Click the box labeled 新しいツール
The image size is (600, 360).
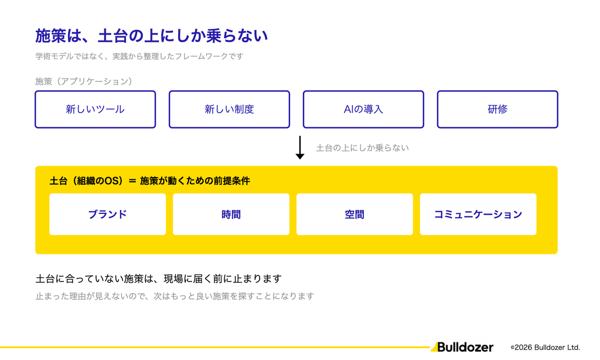[x=96, y=109]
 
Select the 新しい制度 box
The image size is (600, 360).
[x=229, y=109]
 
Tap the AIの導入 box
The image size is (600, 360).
[x=363, y=109]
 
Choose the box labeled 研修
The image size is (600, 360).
[x=497, y=109]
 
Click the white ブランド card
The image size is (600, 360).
[x=108, y=214]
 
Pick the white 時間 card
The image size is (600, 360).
[x=231, y=214]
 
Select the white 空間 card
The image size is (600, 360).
[x=354, y=214]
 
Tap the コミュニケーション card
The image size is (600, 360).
[x=478, y=214]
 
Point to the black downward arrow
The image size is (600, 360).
[x=300, y=147]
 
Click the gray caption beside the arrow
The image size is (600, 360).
[x=362, y=148]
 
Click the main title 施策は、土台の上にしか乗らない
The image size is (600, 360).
[x=152, y=36]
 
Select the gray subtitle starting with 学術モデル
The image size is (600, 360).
[x=139, y=56]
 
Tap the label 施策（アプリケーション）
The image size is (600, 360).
[x=83, y=81]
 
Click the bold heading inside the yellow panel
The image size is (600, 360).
[x=149, y=181]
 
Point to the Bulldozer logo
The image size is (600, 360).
[x=462, y=347]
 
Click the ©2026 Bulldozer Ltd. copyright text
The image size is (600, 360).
[x=546, y=347]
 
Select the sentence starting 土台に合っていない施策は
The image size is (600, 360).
[x=158, y=279]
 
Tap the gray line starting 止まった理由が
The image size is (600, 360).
[x=175, y=296]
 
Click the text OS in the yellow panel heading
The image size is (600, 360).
[x=112, y=181]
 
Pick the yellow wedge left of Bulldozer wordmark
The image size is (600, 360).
[x=434, y=347]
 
